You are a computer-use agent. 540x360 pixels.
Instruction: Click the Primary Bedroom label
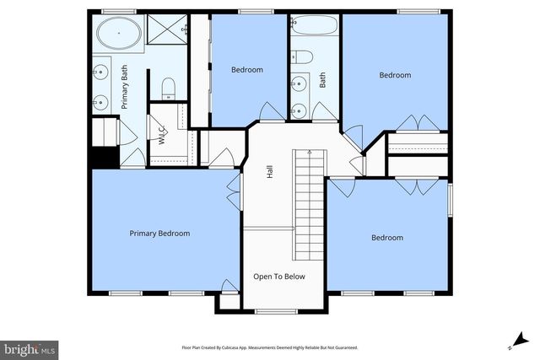159,234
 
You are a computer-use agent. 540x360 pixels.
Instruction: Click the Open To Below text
279,277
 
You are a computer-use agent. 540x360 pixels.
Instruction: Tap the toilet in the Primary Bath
167,87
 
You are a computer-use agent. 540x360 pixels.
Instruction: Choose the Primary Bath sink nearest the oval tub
100,72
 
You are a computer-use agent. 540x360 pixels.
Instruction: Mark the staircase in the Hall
309,205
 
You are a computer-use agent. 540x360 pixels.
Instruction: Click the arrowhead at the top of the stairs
309,153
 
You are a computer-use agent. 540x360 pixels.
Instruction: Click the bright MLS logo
30,347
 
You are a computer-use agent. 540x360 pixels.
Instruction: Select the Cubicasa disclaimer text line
269,347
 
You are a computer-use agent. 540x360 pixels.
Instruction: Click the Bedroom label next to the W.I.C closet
247,70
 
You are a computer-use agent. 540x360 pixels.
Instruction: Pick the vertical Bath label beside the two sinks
322,80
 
